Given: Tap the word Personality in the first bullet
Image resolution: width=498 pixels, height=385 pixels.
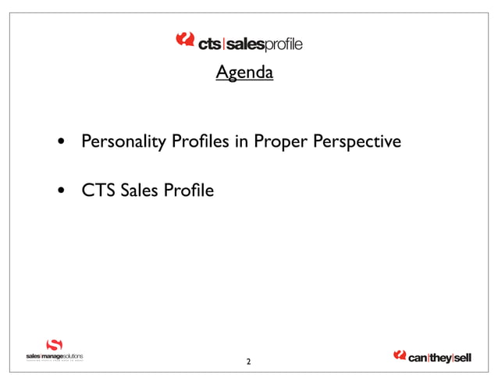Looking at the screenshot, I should (x=117, y=143).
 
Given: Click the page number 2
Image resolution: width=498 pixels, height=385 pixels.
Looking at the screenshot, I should (x=248, y=362).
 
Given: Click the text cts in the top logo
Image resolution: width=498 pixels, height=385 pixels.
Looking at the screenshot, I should (x=209, y=45).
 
